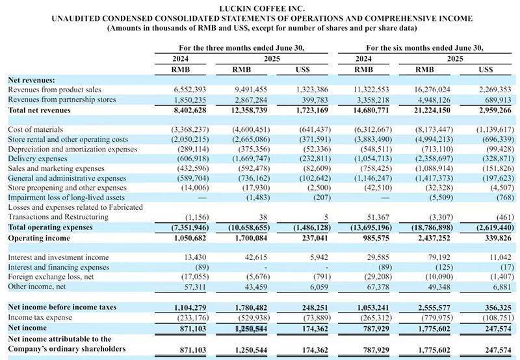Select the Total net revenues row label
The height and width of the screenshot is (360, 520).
[40, 111]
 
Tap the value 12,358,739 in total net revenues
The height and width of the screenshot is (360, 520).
[250, 111]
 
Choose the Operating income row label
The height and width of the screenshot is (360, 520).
[40, 238]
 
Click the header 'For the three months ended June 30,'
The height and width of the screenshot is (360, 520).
[242, 48]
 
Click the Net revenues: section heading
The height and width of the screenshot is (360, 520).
[31, 79]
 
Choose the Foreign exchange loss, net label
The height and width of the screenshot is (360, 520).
[50, 277]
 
